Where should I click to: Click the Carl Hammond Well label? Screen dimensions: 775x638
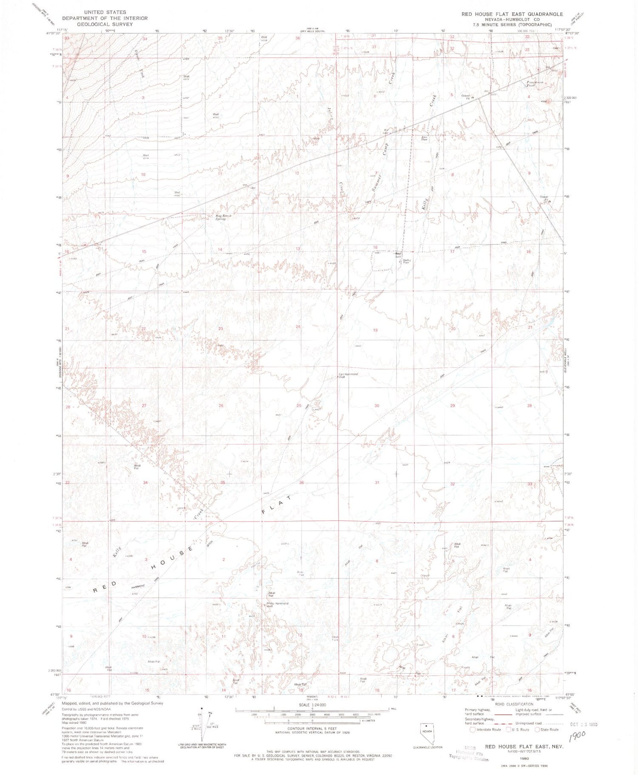pyautogui.click(x=348, y=375)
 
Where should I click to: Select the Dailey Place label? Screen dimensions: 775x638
pyautogui.click(x=407, y=261)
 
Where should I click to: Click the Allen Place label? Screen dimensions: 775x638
pyautogui.click(x=424, y=138)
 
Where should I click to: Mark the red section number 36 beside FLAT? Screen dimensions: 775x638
pyautogui.click(x=302, y=482)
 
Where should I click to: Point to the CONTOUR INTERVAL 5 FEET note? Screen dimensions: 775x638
pyautogui.click(x=312, y=728)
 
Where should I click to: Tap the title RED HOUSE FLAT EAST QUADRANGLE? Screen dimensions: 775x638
pyautogui.click(x=512, y=14)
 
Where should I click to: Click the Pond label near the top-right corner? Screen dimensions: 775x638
pyautogui.click(x=530, y=85)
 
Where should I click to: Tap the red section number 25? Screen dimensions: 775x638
pyautogui.click(x=299, y=406)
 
